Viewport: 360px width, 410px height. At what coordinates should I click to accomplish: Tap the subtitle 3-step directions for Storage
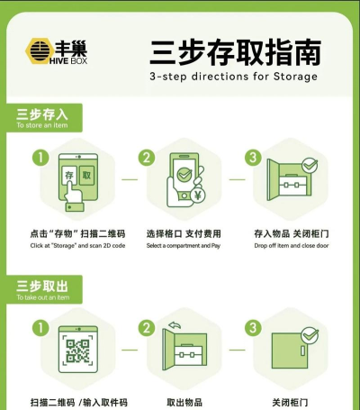[233, 77]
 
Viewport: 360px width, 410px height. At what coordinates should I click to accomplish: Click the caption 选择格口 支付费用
[184, 233]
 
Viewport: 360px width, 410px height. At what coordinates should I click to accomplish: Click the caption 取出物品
[184, 403]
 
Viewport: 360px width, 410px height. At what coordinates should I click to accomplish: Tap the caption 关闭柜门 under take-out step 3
[290, 403]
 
